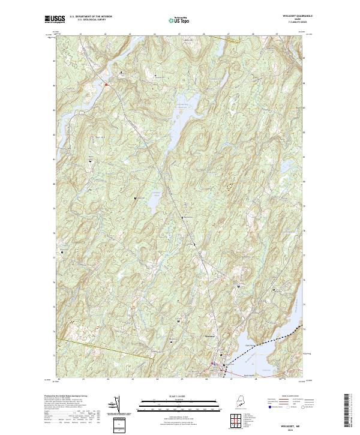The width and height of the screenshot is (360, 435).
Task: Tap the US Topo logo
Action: pyautogui.click(x=178, y=20)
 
